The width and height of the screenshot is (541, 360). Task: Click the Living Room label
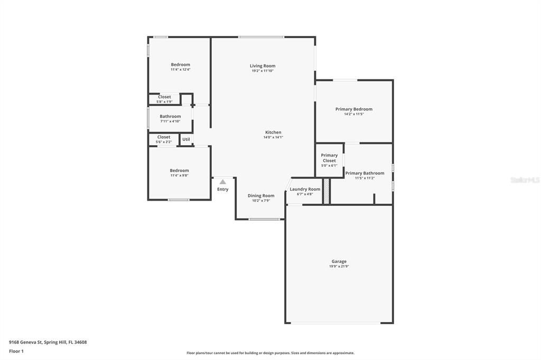coord(263,66)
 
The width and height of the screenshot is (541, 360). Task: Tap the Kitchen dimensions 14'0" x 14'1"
coord(273,138)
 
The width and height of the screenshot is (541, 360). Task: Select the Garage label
coord(339,261)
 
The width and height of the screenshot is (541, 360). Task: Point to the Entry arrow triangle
coord(223,182)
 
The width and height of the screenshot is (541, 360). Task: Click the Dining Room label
coord(261,195)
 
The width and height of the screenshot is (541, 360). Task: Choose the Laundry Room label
coord(305,189)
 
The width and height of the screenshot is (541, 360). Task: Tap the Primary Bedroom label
coord(353,109)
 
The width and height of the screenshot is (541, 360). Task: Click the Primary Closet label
coord(329,158)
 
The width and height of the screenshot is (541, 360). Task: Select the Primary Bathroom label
coord(365,173)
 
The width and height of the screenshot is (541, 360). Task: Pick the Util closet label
coord(186,139)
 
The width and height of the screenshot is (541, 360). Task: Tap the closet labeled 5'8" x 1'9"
coord(164,99)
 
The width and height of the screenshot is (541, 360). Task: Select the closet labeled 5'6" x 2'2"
coord(164,139)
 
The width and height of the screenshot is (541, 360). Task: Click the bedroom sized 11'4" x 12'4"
coord(180,67)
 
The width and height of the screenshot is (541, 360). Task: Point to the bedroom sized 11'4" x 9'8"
coord(179,173)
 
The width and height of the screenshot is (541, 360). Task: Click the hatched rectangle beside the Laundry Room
coord(327,191)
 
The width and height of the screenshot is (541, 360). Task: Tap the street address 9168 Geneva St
coord(48,342)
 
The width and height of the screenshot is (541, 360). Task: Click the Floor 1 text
coord(16,351)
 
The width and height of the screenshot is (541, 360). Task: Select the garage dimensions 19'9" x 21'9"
coord(339,267)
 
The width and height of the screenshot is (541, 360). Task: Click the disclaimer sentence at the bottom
coord(270,353)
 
